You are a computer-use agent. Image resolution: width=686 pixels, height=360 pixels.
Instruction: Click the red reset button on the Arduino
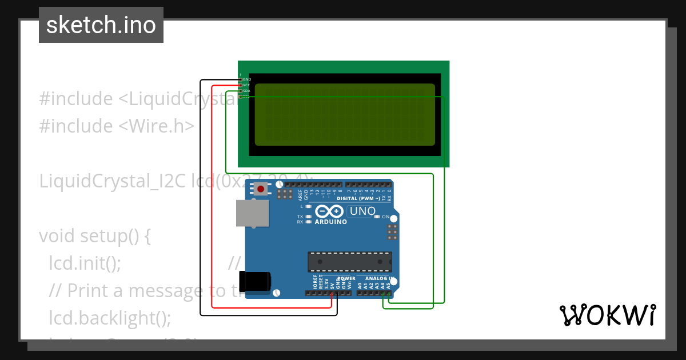click(x=261, y=189)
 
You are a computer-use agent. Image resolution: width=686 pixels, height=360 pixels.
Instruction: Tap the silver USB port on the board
click(x=252, y=213)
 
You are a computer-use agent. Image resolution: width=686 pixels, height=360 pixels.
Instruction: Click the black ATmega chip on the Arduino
click(x=350, y=261)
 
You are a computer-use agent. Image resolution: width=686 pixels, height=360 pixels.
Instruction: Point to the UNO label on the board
click(x=362, y=211)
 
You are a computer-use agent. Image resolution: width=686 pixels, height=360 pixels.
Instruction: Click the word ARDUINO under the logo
click(x=330, y=222)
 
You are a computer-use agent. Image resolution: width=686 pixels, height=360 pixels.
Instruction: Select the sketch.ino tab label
click(x=101, y=25)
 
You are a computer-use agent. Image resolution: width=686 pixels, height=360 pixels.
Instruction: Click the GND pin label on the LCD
click(x=247, y=79)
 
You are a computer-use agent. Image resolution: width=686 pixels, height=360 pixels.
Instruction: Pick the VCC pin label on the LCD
click(x=247, y=85)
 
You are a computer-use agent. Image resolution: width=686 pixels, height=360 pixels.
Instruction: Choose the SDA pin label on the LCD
click(x=247, y=90)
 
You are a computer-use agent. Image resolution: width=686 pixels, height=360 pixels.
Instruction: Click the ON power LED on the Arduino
click(x=377, y=217)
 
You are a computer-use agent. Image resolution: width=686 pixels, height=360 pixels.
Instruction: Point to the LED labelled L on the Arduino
click(x=309, y=206)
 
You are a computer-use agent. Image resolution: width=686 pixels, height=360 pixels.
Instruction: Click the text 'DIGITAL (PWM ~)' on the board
click(x=358, y=198)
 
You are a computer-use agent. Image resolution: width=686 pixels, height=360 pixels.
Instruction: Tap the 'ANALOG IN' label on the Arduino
click(x=376, y=278)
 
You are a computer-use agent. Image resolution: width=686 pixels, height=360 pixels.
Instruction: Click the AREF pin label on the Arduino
click(x=300, y=195)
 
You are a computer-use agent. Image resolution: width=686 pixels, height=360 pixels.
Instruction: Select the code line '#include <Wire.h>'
click(x=117, y=126)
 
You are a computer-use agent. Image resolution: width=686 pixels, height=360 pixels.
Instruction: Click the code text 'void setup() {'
click(x=94, y=235)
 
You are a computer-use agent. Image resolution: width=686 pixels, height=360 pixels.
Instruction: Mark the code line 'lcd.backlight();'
click(x=110, y=318)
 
